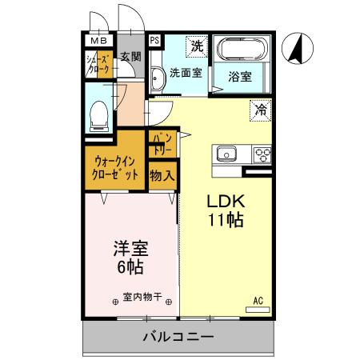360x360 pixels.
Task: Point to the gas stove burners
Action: pyautogui.click(x=262, y=154)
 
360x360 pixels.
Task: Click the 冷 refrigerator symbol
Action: pyautogui.click(x=261, y=110)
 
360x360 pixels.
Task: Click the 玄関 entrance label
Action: pyautogui.click(x=130, y=56)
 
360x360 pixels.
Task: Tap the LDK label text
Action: pyautogui.click(x=226, y=200)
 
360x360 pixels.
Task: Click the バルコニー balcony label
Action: pyautogui.click(x=178, y=337)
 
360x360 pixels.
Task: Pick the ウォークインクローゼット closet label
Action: pyautogui.click(x=115, y=166)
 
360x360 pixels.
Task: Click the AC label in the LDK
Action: pyautogui.click(x=258, y=301)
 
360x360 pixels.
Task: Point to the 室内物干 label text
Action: pyautogui.click(x=142, y=298)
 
